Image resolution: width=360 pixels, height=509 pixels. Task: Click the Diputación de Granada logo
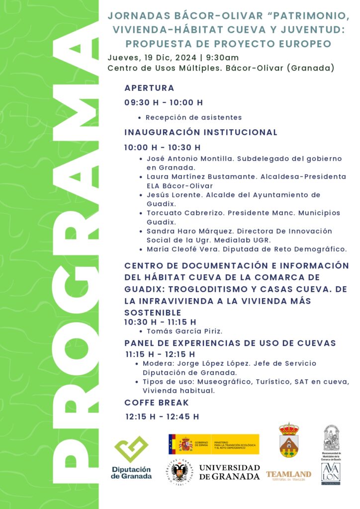coord(131,457)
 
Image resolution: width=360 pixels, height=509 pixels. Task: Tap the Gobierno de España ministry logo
coord(213,444)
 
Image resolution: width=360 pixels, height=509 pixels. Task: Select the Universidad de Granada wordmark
coord(229,472)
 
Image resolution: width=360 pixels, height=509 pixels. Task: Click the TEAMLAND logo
coord(288,474)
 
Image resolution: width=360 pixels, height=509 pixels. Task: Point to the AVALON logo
coord(331,474)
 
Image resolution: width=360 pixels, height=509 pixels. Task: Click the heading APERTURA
coord(149,88)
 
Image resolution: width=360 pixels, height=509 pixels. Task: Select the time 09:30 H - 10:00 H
coord(164,103)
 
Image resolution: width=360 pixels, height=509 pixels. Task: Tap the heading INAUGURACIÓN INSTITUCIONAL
coord(200,132)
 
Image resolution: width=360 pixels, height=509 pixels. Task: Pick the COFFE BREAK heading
coord(157,403)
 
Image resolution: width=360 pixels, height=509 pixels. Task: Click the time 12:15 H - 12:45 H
coord(162,417)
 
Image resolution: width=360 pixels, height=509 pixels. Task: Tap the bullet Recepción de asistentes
coord(193,118)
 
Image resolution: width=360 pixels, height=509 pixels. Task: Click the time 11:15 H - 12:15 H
coord(160,354)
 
